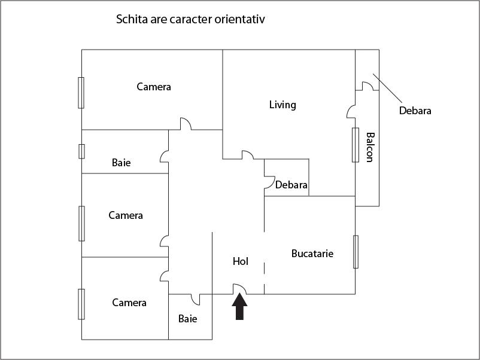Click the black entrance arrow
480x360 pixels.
click(x=239, y=308)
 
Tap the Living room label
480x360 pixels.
click(x=282, y=105)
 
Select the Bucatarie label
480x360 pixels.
click(x=312, y=254)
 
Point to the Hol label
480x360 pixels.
click(x=240, y=261)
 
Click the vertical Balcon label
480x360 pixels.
click(x=369, y=147)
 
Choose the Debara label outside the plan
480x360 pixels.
click(x=415, y=111)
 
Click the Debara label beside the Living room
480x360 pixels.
click(x=291, y=185)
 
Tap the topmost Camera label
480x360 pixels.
click(x=154, y=87)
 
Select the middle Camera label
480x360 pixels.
click(x=126, y=215)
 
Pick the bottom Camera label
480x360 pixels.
click(x=129, y=303)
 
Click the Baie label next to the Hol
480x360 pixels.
click(x=188, y=319)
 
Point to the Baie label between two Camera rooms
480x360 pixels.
click(x=121, y=163)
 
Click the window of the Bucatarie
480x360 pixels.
click(x=356, y=251)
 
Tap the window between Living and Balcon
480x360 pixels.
click(x=355, y=145)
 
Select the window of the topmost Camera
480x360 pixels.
click(x=81, y=93)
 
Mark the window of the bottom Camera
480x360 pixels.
click(x=81, y=304)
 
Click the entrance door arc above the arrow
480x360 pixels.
click(x=239, y=289)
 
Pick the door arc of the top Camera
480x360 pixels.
click(x=184, y=124)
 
